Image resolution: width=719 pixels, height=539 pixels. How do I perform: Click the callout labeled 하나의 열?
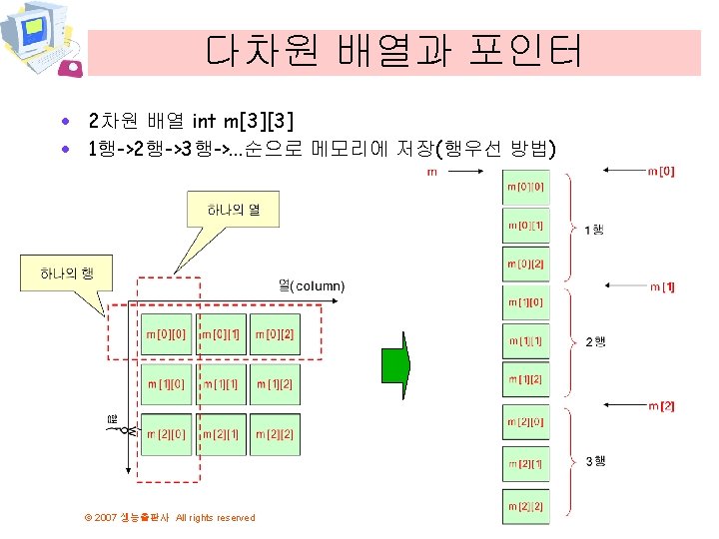click(230, 211)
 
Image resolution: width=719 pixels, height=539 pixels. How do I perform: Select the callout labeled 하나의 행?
click(67, 272)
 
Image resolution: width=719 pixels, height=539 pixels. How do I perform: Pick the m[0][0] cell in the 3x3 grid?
click(166, 333)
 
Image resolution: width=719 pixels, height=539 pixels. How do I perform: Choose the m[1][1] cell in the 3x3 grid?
click(221, 384)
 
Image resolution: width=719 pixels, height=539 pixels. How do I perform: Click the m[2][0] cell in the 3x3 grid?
click(166, 434)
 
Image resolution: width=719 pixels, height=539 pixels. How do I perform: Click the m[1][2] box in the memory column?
click(525, 379)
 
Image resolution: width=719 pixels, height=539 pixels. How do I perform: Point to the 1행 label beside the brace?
click(593, 230)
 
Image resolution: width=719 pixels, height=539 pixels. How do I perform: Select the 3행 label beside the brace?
click(595, 461)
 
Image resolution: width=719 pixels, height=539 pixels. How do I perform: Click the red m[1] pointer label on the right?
click(662, 287)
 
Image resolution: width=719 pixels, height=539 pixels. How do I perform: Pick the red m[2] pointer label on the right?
click(661, 406)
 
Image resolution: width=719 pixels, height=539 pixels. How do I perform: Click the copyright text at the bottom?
click(170, 517)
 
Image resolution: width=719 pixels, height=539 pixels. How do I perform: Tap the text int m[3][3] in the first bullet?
click(243, 122)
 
